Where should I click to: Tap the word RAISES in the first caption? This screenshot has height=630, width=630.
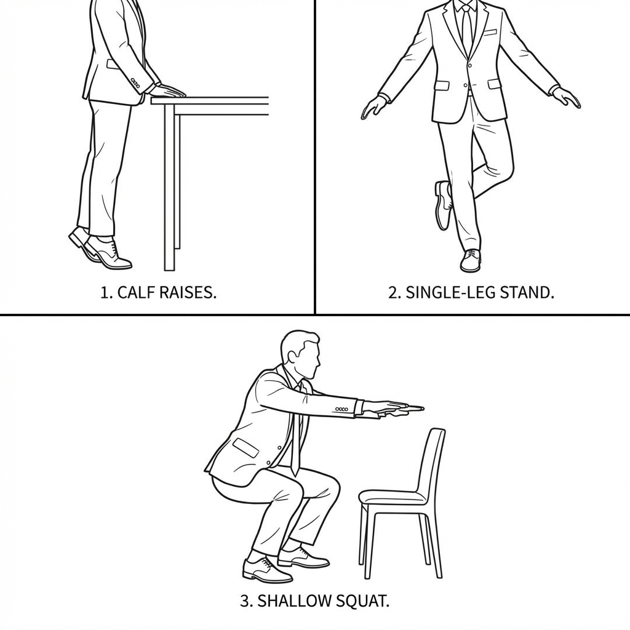[188, 292]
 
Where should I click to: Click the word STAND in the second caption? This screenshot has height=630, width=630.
[521, 292]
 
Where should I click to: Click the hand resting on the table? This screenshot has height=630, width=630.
[169, 91]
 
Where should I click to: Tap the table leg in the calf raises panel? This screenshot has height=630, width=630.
[170, 187]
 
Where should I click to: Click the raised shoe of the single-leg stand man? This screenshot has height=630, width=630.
[443, 205]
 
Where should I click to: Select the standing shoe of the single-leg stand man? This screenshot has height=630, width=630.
[471, 260]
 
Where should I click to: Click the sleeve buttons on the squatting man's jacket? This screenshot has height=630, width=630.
[342, 409]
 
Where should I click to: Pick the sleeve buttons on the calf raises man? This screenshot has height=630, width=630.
[135, 82]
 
